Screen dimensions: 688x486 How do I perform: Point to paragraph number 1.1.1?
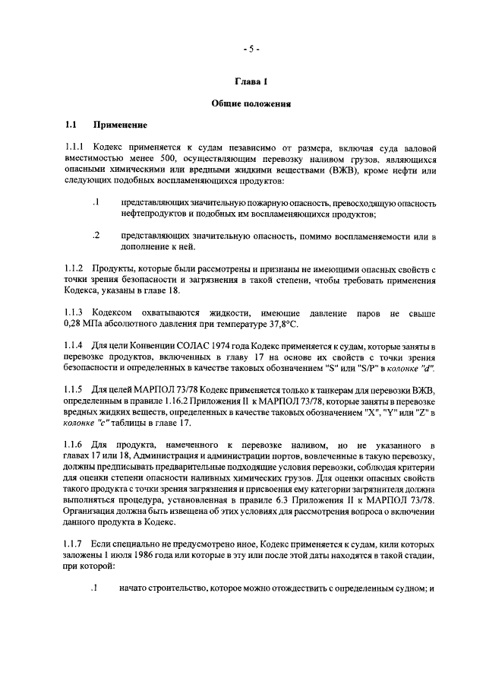click(x=75, y=146)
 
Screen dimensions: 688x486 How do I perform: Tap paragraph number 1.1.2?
click(x=75, y=268)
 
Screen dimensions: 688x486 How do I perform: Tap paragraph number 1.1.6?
click(x=75, y=445)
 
